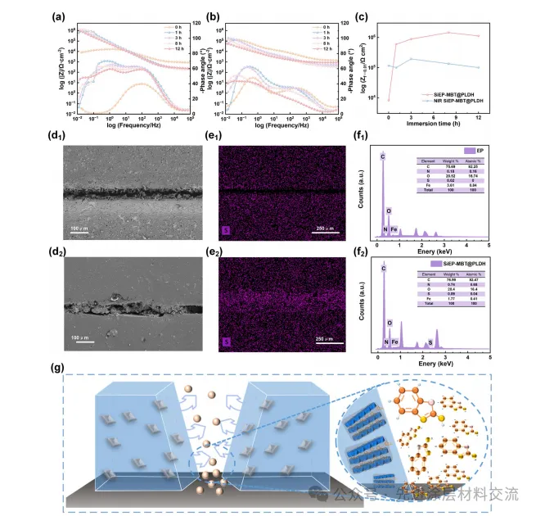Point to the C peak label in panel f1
(x=381, y=154)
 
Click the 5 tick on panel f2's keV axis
(x=489, y=356)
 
